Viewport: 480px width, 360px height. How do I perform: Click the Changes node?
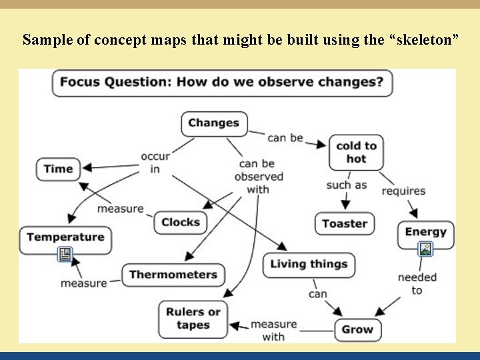214,123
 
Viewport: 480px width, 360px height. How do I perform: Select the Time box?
58,169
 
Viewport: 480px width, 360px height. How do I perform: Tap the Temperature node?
65,237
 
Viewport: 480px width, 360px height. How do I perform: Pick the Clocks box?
181,223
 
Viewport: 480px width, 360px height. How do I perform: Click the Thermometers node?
173,275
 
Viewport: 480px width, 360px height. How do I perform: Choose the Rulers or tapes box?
193,319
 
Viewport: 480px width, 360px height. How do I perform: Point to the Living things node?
309,265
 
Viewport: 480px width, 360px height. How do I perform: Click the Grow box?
357,329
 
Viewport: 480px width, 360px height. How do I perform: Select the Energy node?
425,232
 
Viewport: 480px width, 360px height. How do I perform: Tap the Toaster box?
345,224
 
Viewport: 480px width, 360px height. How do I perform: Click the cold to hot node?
356,153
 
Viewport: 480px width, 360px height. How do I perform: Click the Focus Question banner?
222,83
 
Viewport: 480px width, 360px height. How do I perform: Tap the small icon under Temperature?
65,254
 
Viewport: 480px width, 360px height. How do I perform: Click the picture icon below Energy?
425,249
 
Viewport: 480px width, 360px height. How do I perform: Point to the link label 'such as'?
346,185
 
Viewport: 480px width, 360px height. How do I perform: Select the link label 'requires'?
403,191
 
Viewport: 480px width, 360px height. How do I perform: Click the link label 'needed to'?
417,283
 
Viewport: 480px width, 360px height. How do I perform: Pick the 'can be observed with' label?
258,176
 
